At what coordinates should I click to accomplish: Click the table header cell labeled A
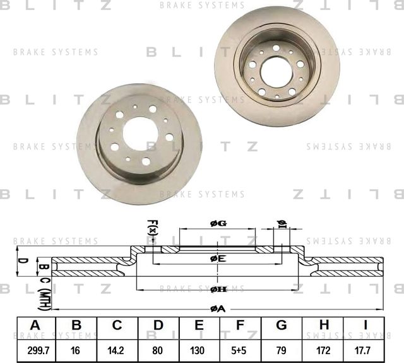pos(35,325)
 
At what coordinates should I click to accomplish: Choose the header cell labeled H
pos(323,325)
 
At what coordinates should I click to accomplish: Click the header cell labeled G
pos(282,325)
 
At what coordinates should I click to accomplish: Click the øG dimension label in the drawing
pos(217,224)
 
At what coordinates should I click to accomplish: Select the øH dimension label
pos(218,289)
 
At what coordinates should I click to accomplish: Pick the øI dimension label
pos(282,225)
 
